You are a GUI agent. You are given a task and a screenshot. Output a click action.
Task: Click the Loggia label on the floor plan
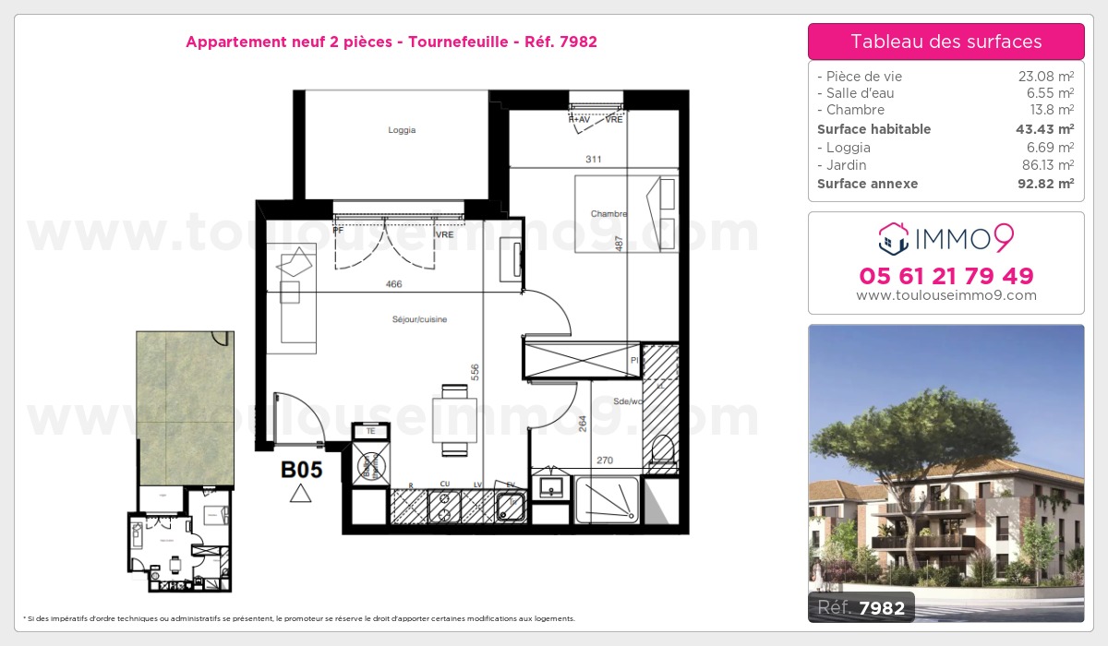coord(402,130)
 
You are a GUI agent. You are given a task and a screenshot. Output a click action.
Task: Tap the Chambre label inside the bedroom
coord(608,214)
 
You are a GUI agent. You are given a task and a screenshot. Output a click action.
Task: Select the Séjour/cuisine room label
coord(418,319)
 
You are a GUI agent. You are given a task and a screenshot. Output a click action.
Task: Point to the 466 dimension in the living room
coord(393,285)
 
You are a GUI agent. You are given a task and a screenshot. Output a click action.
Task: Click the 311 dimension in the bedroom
coord(593,160)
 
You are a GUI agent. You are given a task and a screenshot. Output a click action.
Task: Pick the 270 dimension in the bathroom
coord(604,460)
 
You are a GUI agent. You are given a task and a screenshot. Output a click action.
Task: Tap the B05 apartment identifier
coord(301,470)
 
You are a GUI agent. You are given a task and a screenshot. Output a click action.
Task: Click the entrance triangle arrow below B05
coord(300,494)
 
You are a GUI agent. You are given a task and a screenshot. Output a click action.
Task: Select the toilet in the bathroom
coord(661,450)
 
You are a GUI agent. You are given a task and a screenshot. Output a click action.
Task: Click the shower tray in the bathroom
coord(606,499)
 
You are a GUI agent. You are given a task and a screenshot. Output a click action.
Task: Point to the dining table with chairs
coord(454,420)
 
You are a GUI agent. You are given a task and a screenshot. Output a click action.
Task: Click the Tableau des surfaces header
coord(945,42)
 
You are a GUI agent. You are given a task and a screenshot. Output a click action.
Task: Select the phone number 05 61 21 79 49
coord(945,276)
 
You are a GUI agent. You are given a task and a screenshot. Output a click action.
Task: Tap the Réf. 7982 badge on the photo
coord(862,607)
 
